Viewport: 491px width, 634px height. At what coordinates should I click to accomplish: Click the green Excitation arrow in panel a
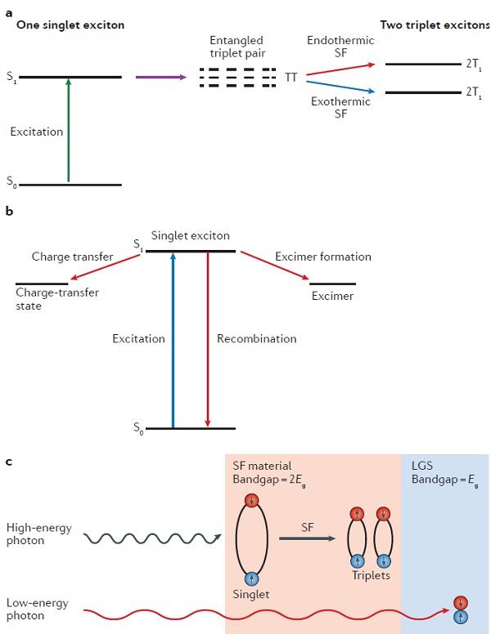coord(69,131)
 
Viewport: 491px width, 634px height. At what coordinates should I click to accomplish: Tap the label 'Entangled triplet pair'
coord(237,47)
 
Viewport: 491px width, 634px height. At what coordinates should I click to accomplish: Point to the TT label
coord(291,78)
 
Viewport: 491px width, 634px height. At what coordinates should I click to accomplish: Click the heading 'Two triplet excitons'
coord(435,25)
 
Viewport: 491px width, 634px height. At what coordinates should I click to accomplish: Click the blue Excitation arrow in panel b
coord(172,339)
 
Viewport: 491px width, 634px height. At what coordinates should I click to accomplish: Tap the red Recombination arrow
coord(209,339)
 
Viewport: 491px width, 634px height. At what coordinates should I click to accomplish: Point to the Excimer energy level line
coord(332,283)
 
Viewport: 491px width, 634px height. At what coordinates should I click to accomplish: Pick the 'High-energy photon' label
coord(38,534)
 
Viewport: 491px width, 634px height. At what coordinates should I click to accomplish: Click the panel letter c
coord(8,462)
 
